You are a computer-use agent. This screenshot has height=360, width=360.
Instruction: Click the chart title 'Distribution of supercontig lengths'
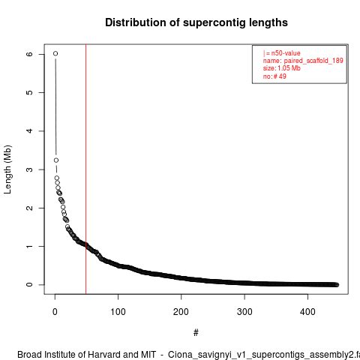196,22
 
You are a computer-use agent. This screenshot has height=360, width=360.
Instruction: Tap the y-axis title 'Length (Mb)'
7,169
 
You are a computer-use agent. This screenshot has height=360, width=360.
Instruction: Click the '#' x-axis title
196,333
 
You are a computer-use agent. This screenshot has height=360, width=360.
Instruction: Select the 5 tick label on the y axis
29,92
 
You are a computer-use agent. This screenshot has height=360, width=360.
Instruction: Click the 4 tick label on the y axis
29,131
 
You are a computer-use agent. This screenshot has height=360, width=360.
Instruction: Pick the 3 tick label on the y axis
29,169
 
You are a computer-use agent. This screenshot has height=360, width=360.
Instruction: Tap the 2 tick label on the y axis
29,208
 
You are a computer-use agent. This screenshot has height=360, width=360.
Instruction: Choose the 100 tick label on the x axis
118,312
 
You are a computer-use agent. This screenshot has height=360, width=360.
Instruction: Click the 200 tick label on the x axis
181,312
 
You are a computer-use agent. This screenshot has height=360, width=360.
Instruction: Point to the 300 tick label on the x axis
244,312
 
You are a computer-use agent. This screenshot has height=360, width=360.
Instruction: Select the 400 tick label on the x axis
307,312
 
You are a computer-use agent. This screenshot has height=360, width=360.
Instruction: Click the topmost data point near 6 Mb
55,53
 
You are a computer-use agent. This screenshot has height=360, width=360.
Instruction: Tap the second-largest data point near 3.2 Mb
56,160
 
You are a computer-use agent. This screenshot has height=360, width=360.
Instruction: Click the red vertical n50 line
85,169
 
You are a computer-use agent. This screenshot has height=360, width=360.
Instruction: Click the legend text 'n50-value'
286,53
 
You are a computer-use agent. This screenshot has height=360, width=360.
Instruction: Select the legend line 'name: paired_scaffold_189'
303,61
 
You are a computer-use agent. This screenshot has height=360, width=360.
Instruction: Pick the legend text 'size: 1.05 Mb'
282,68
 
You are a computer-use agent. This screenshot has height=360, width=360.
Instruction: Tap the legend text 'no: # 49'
274,76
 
